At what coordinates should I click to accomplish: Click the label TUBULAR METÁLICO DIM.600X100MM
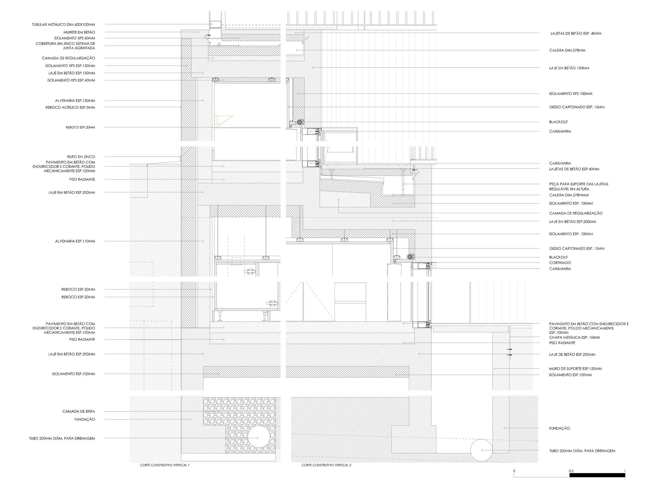click(63, 25)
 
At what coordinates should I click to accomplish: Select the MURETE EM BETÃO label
click(79, 32)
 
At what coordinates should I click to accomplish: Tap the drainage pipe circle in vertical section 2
click(481, 449)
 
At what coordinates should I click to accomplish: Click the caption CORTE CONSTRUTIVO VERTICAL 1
click(164, 465)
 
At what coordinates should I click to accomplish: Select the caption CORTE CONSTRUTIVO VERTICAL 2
click(326, 465)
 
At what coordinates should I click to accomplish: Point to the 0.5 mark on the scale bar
click(571, 471)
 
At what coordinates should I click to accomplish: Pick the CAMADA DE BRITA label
click(78, 411)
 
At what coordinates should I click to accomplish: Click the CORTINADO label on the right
click(560, 263)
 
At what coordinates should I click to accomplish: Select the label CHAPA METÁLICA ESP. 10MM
click(574, 337)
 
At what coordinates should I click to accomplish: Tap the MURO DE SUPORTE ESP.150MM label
click(575, 368)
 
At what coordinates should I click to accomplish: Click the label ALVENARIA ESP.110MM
click(75, 241)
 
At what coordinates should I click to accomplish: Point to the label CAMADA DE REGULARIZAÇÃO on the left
click(68, 58)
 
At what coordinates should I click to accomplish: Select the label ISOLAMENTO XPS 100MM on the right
click(571, 94)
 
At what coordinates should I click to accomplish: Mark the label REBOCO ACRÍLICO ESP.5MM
click(70, 107)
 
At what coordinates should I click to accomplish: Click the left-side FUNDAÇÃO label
click(84, 419)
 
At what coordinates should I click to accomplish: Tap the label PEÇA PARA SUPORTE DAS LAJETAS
click(578, 184)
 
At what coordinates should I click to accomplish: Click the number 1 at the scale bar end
click(625, 471)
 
